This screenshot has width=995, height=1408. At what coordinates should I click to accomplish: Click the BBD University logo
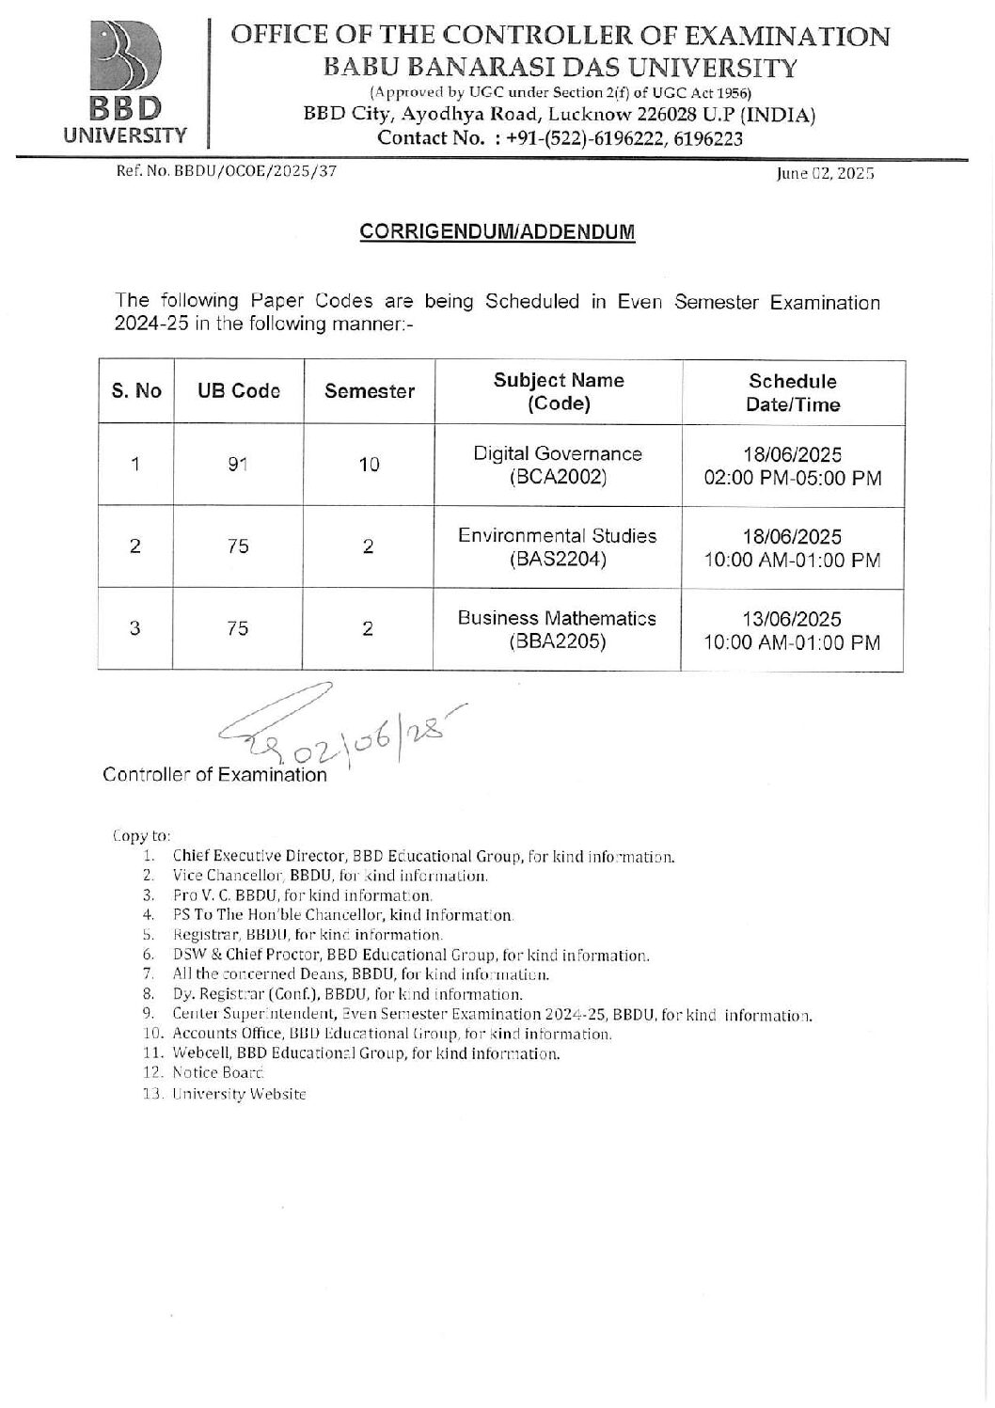[125, 82]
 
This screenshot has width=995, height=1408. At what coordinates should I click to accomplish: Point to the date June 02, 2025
[825, 174]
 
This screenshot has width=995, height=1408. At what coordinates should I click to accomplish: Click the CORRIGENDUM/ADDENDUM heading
[497, 232]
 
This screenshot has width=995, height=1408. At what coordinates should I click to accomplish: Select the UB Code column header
[238, 391]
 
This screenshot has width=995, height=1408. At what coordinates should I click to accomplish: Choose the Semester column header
[369, 391]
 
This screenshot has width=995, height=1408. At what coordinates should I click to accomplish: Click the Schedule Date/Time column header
[792, 392]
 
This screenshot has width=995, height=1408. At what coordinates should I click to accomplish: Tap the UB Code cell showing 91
[238, 465]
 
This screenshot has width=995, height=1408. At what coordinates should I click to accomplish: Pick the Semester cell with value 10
[369, 465]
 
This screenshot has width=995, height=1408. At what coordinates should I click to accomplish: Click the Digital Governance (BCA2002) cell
[557, 465]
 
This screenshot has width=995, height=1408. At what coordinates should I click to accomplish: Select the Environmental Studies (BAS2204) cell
[557, 547]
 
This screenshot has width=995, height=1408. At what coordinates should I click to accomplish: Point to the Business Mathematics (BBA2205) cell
[557, 629]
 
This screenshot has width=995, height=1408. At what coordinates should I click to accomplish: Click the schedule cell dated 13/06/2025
[792, 630]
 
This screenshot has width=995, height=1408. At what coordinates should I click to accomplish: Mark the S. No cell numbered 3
[135, 629]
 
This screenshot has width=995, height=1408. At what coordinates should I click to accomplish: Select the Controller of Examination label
[214, 775]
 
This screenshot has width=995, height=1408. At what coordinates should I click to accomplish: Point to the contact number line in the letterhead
[560, 139]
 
